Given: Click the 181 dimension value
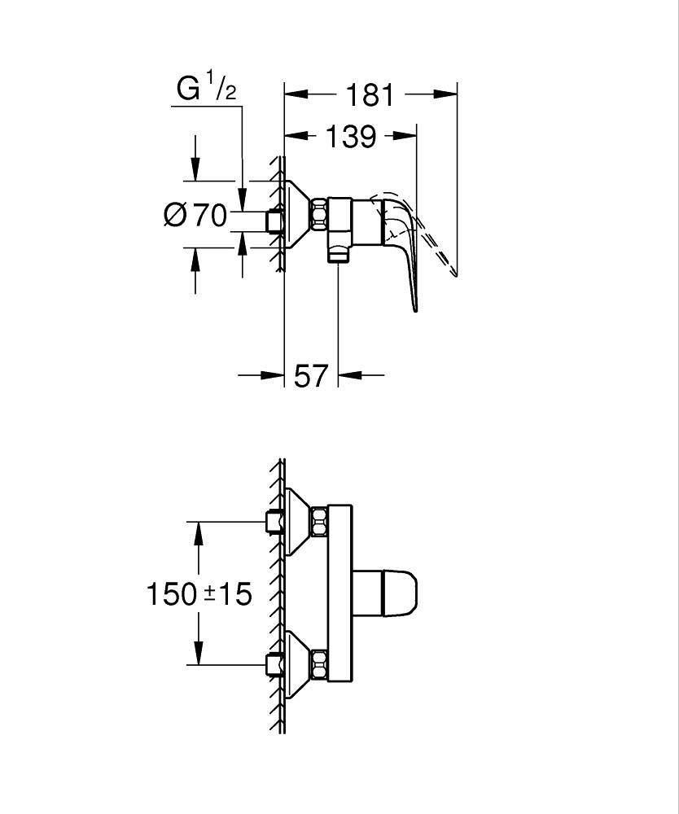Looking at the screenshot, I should [x=370, y=95].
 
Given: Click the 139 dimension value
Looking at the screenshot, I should [x=351, y=137].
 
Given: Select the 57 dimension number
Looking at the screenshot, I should [x=310, y=375].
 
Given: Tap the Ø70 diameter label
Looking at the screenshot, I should [x=195, y=216].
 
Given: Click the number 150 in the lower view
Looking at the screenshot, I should [x=171, y=594].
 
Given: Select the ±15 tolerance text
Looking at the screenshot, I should [x=229, y=594].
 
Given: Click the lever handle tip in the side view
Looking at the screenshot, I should [x=416, y=305].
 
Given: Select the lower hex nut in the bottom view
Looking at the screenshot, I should [x=318, y=665].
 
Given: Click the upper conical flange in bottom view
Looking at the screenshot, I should [x=296, y=521].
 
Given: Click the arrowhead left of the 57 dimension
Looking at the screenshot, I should [x=273, y=375].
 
